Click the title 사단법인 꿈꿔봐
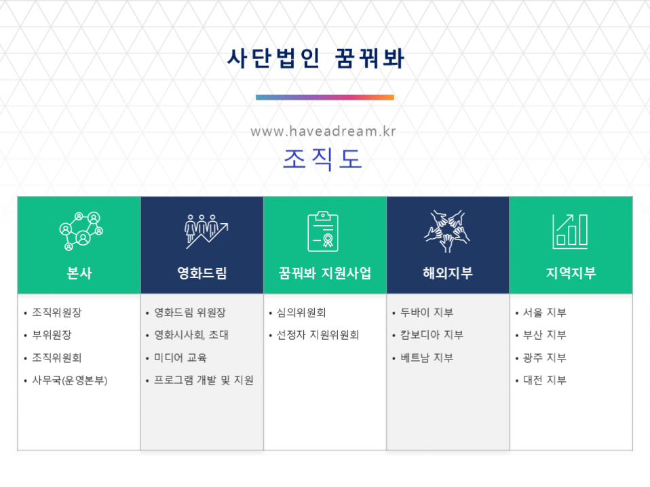click(x=316, y=58)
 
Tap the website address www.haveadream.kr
click(x=324, y=132)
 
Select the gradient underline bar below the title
click(x=324, y=98)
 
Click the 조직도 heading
click(x=322, y=159)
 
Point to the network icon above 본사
click(x=81, y=231)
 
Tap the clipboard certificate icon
click(x=323, y=231)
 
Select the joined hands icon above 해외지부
click(x=447, y=231)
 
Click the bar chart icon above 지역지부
click(x=570, y=231)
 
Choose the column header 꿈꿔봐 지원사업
click(x=324, y=273)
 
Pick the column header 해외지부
click(x=448, y=273)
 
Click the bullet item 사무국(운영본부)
click(x=70, y=381)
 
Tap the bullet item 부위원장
click(x=52, y=335)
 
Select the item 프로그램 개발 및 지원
click(x=204, y=380)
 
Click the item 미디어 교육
click(x=180, y=357)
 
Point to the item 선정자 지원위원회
click(x=318, y=335)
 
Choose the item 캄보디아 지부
click(x=432, y=335)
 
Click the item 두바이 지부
click(x=427, y=313)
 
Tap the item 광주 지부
click(x=544, y=357)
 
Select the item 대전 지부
click(x=544, y=380)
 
